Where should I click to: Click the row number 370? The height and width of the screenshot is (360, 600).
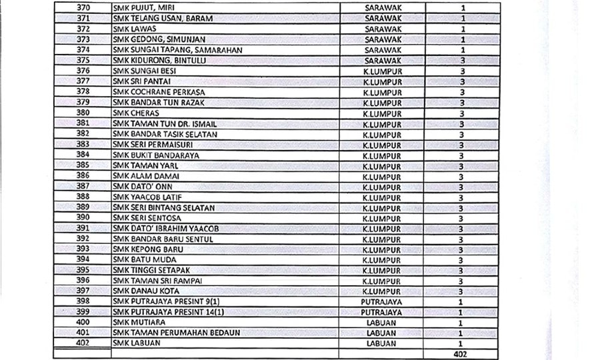[84, 8]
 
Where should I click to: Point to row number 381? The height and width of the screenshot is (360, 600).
[84, 123]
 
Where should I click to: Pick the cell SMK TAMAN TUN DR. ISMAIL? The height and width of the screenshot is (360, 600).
[164, 124]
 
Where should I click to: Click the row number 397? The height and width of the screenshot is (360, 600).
[84, 291]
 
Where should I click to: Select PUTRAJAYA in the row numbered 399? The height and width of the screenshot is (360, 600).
[381, 311]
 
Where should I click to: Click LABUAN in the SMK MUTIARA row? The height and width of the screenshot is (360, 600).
[381, 322]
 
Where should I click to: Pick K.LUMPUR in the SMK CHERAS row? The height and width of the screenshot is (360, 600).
[381, 113]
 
